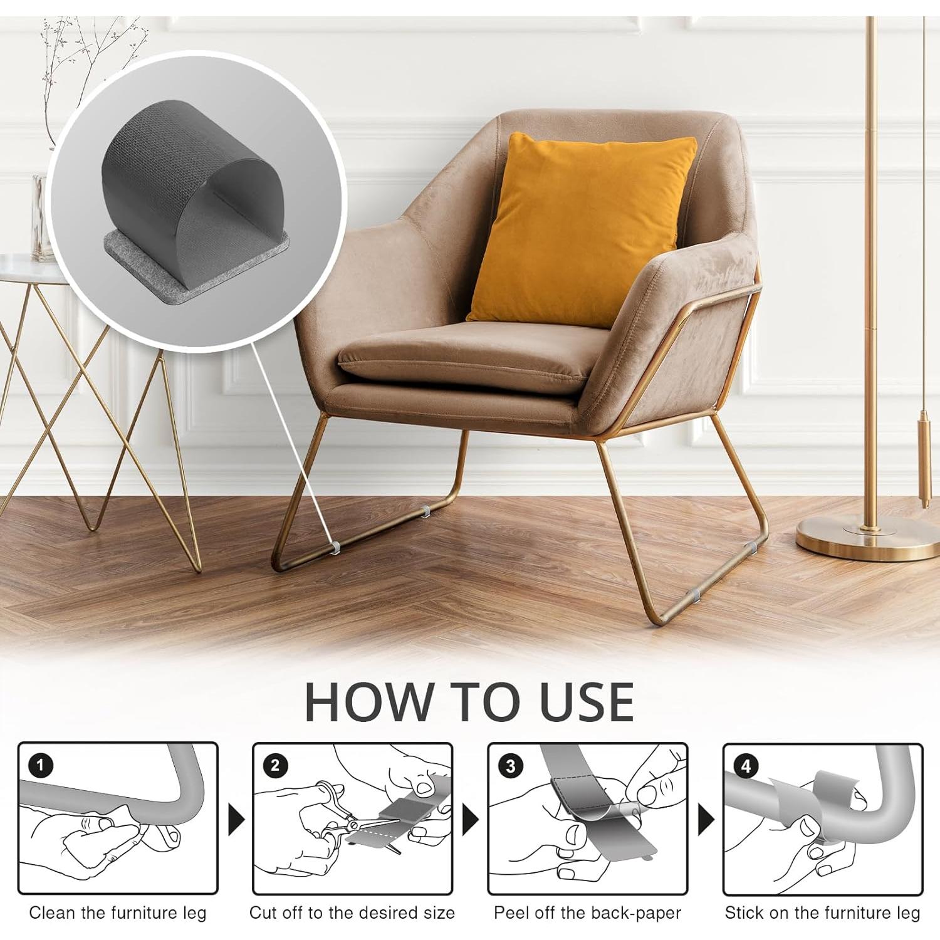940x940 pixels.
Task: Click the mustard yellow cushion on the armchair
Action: coord(580,229)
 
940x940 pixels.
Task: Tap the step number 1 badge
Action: coord(41,766)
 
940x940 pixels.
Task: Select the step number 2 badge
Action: coord(276,766)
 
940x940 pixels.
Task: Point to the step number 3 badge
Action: coord(511,766)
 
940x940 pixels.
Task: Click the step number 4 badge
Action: coord(746,766)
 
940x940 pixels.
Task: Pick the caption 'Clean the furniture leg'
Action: coord(118,913)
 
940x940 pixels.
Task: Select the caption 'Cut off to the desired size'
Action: coord(352,913)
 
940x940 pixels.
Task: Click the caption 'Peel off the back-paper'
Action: coord(587,913)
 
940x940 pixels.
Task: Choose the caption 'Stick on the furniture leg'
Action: coord(822,913)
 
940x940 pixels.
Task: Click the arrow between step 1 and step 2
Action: coord(236,819)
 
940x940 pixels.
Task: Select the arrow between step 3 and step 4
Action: coord(706,819)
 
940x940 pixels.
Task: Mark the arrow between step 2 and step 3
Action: coord(470,819)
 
